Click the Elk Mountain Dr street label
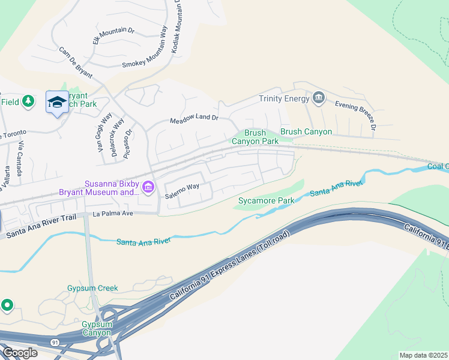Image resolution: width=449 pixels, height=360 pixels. [x=113, y=35]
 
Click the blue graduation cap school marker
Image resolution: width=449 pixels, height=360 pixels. [x=57, y=103]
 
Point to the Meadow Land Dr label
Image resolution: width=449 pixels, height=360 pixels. [x=193, y=118]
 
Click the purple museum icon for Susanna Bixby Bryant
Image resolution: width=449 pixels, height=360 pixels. [x=147, y=188]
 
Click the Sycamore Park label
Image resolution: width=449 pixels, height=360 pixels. [x=266, y=200]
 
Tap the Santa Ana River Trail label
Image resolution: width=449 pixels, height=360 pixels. [x=39, y=226]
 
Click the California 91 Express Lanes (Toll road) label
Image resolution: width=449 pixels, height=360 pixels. [x=230, y=266]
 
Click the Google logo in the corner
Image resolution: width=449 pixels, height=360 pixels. [x=19, y=352]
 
